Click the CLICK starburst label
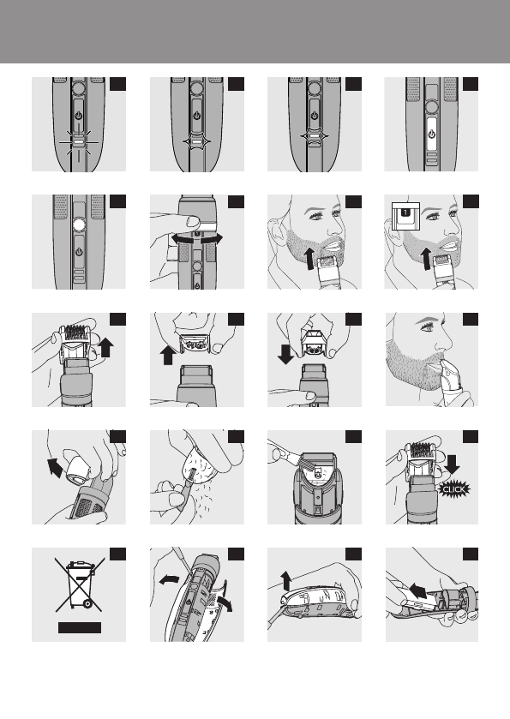(453, 489)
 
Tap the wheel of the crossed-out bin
(87, 604)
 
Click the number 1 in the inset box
(405, 212)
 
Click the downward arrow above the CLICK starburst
(452, 464)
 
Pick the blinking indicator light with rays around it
(79, 141)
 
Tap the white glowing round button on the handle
(79, 225)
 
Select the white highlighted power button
(431, 135)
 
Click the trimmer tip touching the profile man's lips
(445, 364)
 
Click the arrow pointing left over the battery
(417, 590)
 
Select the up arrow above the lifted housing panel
(286, 580)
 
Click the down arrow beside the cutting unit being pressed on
(285, 355)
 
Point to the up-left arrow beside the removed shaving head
(55, 467)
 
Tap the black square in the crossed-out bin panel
(118, 554)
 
